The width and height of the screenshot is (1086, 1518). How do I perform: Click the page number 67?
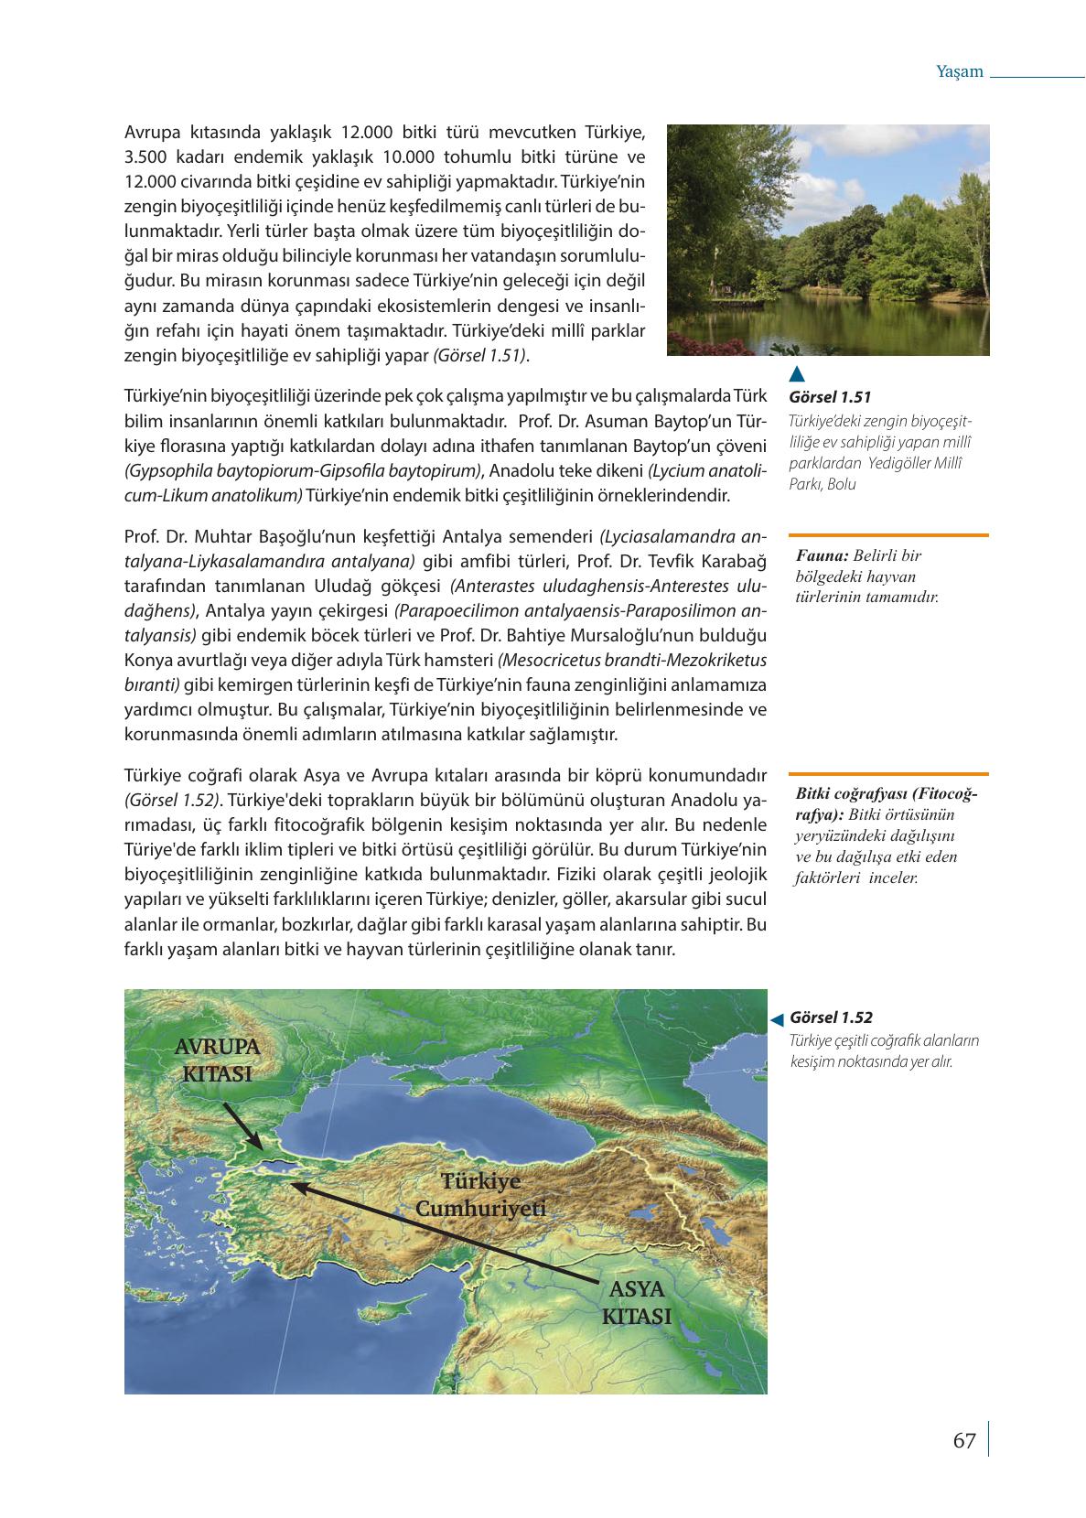click(964, 1440)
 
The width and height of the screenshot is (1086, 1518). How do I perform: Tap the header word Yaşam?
click(960, 71)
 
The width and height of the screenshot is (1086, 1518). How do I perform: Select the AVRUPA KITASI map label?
click(217, 1060)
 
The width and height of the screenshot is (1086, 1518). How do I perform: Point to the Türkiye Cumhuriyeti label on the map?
click(480, 1194)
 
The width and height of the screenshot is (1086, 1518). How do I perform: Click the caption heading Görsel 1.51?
click(829, 397)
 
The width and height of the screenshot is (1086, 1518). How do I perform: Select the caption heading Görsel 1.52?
click(831, 1017)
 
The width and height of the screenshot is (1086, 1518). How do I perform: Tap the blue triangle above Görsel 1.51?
click(797, 373)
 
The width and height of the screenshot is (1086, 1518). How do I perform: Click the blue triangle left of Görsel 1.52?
click(776, 1018)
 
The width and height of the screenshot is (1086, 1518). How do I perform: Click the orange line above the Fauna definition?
click(887, 534)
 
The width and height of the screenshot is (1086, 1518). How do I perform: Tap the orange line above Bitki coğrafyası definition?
click(887, 774)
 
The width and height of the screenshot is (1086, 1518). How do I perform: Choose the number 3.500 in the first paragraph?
click(145, 156)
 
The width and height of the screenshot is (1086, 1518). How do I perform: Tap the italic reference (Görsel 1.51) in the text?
click(481, 355)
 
